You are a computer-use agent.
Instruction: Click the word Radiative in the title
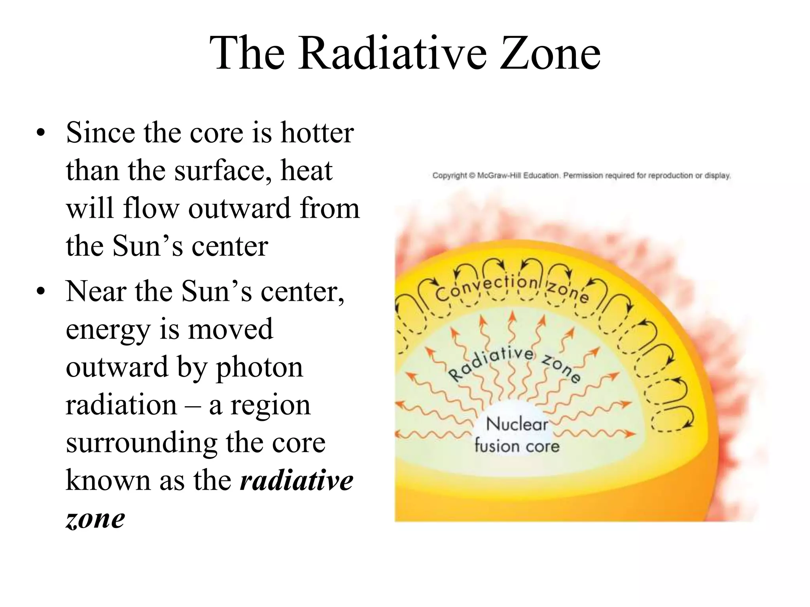tap(392, 53)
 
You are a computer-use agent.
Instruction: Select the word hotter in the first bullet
tap(317, 133)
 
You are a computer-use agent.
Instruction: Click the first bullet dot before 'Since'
tap(40, 134)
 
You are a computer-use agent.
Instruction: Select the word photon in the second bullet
tap(259, 368)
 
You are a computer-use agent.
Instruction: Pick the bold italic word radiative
tap(297, 481)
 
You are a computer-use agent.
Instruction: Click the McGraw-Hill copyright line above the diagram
tap(581, 175)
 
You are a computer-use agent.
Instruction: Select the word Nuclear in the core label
tap(517, 424)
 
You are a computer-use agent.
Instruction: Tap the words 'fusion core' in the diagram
tap(517, 446)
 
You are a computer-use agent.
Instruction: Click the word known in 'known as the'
tap(108, 481)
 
